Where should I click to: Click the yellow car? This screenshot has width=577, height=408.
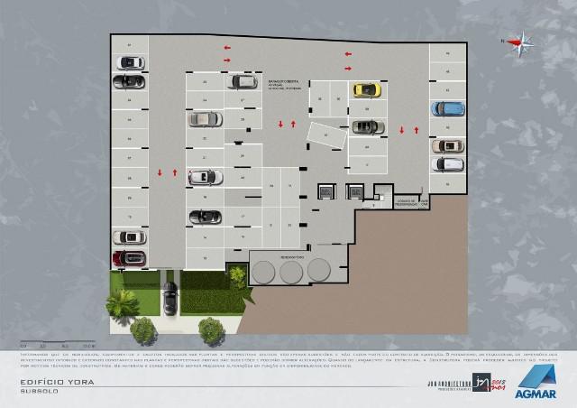click(365, 89)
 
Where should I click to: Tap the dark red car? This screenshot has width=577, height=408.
click(129, 259)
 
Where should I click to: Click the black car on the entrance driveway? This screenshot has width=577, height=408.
click(169, 298)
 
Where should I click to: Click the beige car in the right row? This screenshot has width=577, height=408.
click(447, 144)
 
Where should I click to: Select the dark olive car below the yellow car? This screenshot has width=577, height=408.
click(365, 126)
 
